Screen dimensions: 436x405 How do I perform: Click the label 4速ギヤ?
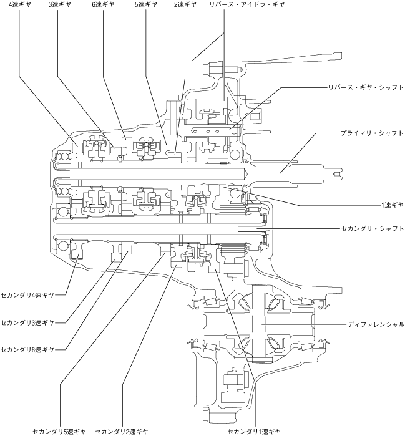coord(19,4)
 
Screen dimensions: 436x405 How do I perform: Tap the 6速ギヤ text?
coord(102,4)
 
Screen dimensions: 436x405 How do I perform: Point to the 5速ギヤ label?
coord(145,4)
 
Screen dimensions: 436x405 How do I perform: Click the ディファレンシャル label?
coord(376,324)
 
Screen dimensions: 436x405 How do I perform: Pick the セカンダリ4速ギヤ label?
coord(27,294)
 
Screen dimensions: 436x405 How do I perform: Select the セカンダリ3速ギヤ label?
coord(27,322)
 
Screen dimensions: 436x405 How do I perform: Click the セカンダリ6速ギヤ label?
coord(27,349)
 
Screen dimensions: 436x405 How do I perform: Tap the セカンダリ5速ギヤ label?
coord(59,431)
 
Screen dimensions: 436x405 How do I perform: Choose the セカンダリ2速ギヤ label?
coord(122,431)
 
